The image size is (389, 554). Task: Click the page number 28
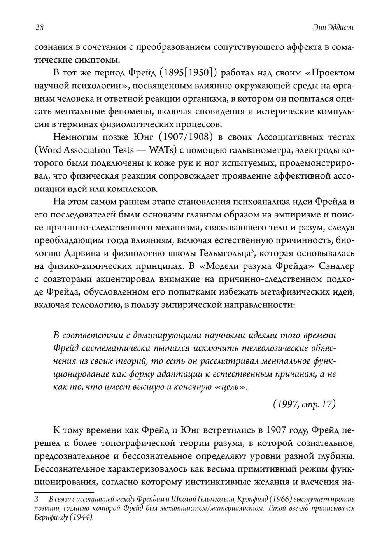coord(39,28)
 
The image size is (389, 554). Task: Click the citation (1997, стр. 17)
coord(303,404)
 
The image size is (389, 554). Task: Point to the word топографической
coord(144,443)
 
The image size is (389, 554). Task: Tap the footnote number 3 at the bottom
coord(36,499)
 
